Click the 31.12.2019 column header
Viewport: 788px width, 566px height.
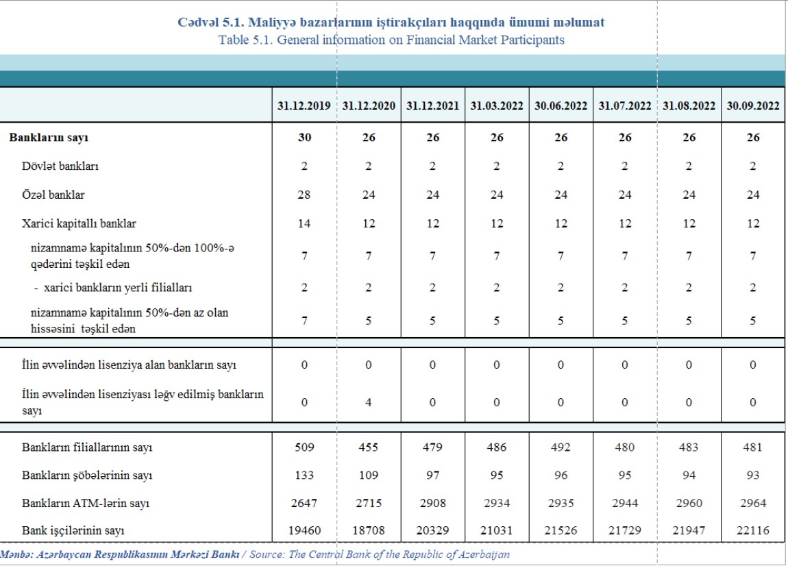[x=304, y=106]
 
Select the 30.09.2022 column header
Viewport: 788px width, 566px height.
[x=753, y=106]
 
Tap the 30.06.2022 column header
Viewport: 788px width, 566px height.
[x=561, y=106]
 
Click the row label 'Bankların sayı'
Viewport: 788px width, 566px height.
[x=49, y=138]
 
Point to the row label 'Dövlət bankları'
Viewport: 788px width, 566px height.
[x=56, y=167]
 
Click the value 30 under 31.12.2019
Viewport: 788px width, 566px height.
[x=304, y=138]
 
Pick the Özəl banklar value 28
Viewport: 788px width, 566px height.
[x=304, y=195]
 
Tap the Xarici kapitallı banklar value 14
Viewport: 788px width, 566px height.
[x=304, y=223]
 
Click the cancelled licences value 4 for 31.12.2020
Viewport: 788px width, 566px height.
[x=369, y=402]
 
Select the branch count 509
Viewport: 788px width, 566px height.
[x=304, y=447]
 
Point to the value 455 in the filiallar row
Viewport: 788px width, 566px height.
[x=369, y=447]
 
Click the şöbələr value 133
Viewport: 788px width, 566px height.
[x=304, y=475]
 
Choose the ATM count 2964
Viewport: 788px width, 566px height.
[x=753, y=503]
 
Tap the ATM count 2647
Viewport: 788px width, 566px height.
[x=304, y=503]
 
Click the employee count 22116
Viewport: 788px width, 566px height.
[x=753, y=531]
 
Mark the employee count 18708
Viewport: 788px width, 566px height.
[x=369, y=531]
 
